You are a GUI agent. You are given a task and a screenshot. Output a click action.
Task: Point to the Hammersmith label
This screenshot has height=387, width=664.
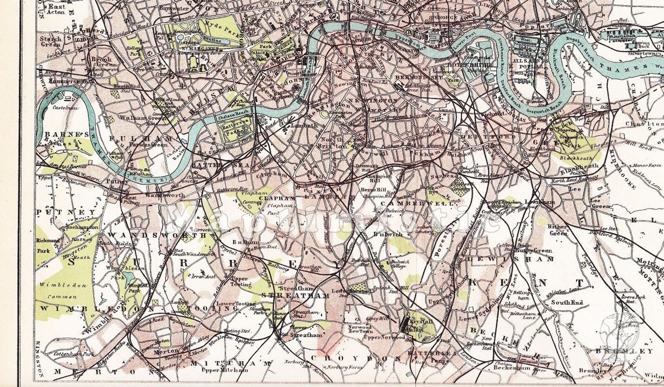tap(63, 81)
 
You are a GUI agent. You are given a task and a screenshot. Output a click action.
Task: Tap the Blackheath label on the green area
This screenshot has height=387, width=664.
tap(576, 159)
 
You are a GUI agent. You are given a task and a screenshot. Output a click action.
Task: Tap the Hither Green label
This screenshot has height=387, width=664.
tap(558, 230)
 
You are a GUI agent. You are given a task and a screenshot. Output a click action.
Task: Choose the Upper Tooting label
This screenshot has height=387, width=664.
tap(240, 281)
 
